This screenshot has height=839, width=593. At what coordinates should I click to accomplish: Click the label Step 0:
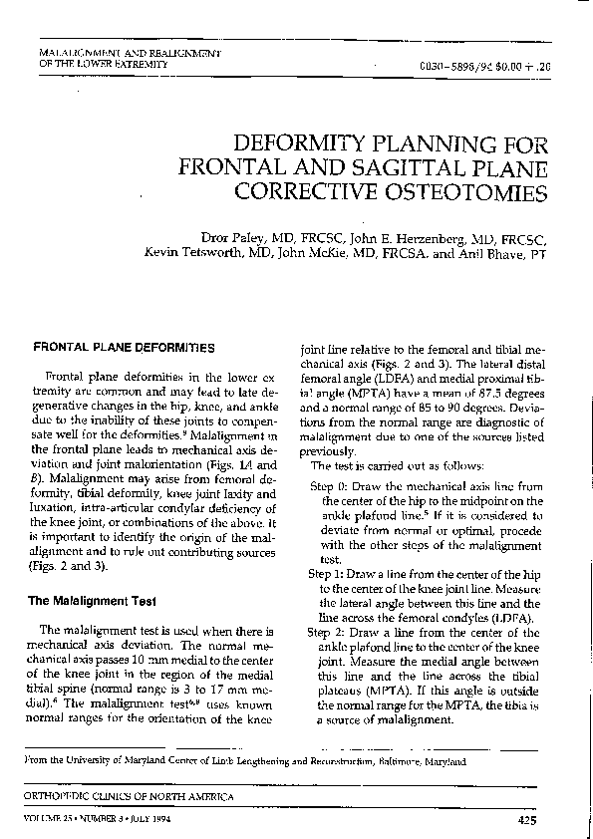tap(328, 483)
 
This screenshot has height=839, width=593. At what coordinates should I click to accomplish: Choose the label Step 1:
tap(325, 575)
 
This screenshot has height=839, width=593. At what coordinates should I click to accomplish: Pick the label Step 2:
tap(325, 632)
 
